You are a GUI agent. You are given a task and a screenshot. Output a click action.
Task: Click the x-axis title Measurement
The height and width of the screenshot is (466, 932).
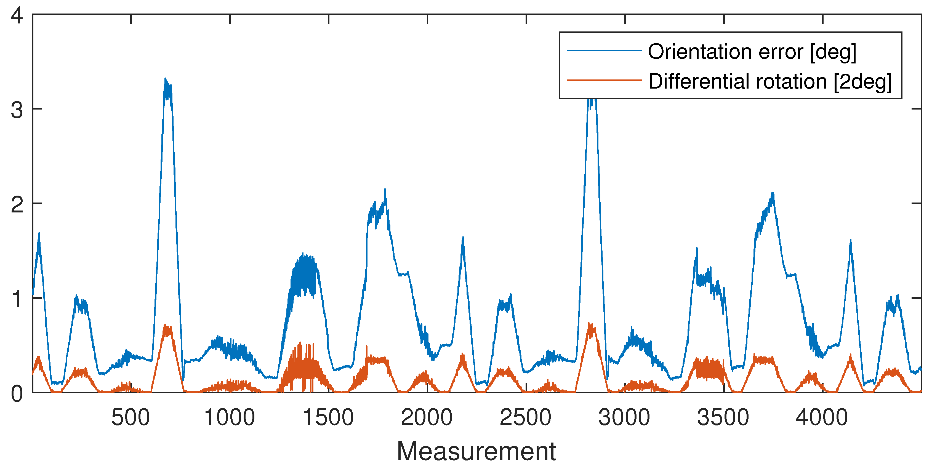476,451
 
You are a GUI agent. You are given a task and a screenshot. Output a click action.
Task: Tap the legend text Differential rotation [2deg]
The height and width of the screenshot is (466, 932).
769,81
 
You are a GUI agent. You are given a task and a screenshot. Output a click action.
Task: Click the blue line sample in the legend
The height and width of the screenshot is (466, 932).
604,50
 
